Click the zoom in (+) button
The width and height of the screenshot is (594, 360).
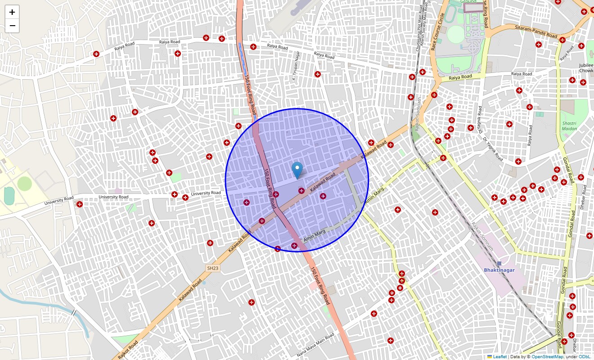point(12,12)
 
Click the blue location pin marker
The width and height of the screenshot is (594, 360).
point(297,171)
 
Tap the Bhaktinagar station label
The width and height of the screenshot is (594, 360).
point(499,270)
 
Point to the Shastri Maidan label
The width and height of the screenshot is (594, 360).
point(569,126)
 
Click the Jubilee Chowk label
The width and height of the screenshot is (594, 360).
point(586,68)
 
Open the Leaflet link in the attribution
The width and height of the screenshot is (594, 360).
point(499,357)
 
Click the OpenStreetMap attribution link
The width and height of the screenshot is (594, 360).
point(547,357)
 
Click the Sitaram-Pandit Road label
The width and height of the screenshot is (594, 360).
point(536,31)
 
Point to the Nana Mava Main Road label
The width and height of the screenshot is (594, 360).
point(316,346)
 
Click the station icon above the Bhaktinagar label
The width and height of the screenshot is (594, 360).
point(499,263)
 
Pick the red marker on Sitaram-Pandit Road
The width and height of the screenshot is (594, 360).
point(562,40)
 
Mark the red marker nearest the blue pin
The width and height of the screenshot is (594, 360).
point(301,191)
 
